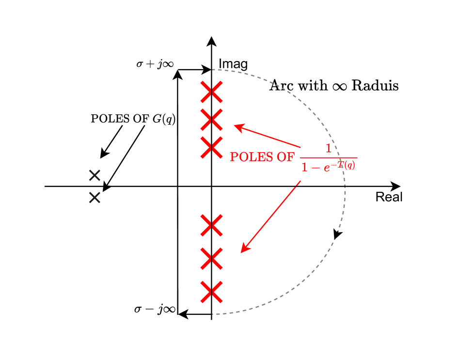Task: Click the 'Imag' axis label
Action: click(x=233, y=64)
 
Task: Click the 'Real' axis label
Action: click(x=389, y=197)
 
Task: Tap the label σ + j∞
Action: click(x=155, y=64)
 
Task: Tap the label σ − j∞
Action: click(x=155, y=309)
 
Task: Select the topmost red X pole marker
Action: click(x=212, y=92)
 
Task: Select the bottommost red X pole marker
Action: click(x=211, y=292)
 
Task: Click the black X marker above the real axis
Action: click(x=95, y=175)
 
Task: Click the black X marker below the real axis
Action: click(x=95, y=197)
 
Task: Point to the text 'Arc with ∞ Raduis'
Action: click(x=334, y=86)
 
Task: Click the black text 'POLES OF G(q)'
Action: click(x=133, y=119)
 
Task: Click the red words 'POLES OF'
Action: click(x=262, y=157)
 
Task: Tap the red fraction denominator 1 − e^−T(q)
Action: click(x=329, y=167)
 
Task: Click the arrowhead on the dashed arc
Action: click(x=338, y=235)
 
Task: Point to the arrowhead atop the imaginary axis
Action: click(x=211, y=41)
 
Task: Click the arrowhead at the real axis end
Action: click(x=396, y=186)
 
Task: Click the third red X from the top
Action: click(x=212, y=147)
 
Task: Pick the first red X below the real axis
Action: click(x=211, y=225)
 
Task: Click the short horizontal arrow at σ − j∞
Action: click(x=194, y=314)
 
